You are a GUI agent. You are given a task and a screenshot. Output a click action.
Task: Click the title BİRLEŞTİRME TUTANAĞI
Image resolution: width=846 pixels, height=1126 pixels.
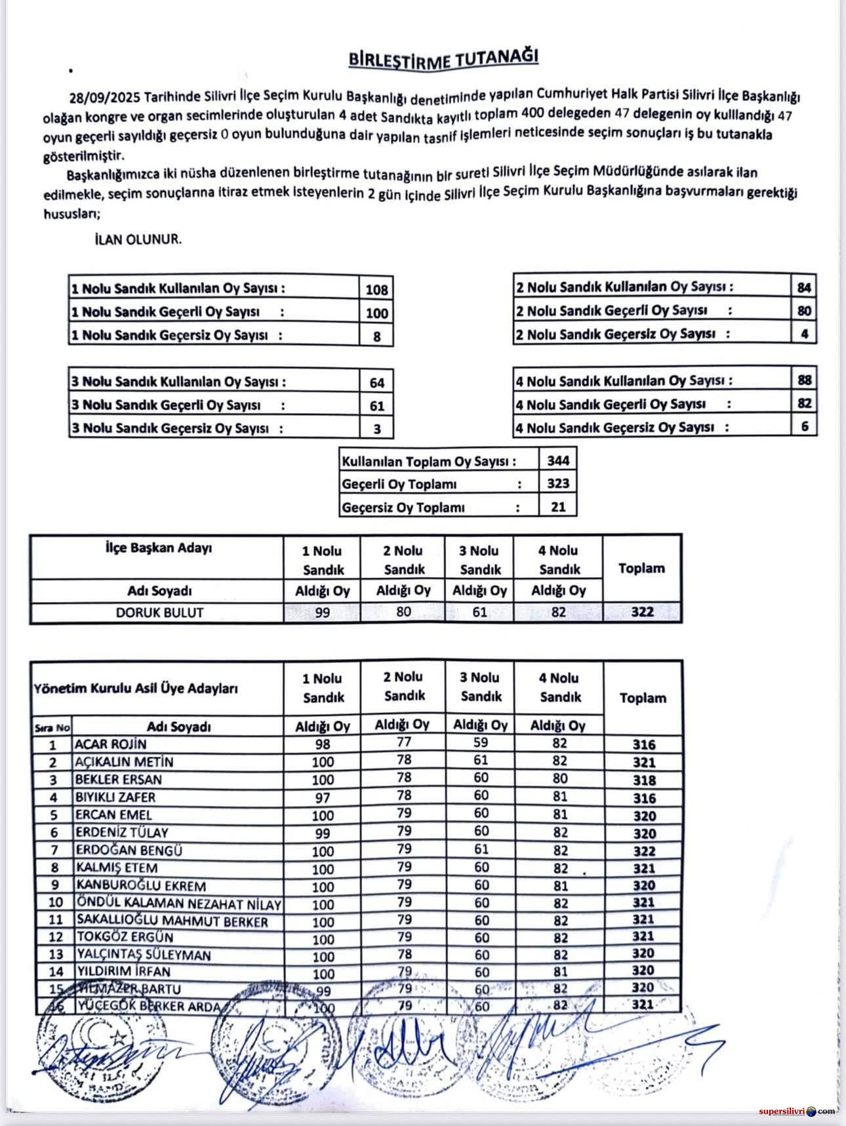click(443, 59)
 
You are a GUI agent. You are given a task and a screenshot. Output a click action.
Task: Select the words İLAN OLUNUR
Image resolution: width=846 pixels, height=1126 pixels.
click(138, 239)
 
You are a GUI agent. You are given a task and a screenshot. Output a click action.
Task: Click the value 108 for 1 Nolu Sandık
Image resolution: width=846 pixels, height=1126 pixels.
click(376, 289)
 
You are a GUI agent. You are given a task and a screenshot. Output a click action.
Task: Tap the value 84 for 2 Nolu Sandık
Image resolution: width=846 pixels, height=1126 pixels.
click(804, 287)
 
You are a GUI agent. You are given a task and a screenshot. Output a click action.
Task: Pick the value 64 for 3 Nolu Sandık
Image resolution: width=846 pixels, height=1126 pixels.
click(376, 382)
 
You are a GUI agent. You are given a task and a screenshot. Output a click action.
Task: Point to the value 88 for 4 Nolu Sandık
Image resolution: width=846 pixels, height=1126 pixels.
click(805, 380)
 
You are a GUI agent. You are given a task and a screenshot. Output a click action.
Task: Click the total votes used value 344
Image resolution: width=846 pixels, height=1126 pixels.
click(558, 460)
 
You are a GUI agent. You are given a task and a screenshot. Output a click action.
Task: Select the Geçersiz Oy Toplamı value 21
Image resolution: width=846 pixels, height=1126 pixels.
click(558, 506)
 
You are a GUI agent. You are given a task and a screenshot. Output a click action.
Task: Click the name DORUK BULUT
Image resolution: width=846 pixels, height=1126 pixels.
click(159, 613)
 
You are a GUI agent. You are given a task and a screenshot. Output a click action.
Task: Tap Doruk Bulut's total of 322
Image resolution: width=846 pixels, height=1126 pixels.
click(642, 612)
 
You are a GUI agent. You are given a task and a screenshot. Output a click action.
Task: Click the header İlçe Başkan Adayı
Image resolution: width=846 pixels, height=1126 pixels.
click(159, 548)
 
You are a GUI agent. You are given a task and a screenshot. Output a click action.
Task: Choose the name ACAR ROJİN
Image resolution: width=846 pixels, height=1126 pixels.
click(110, 744)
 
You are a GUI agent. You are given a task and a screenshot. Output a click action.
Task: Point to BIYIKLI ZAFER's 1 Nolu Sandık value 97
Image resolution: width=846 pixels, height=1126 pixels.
click(323, 798)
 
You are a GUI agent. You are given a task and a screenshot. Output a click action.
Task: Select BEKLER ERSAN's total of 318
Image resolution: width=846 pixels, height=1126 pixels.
click(644, 780)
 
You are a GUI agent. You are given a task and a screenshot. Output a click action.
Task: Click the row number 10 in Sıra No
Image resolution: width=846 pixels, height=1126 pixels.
click(55, 903)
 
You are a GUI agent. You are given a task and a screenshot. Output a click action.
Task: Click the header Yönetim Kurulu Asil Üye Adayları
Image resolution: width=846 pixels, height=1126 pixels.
click(136, 689)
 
